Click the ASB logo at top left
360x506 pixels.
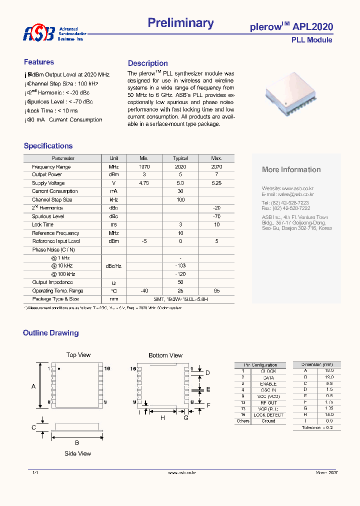pyautogui.click(x=38, y=33)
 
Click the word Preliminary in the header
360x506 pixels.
pyautogui.click(x=180, y=23)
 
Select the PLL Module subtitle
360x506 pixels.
pyautogui.click(x=311, y=40)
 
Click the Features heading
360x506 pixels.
pyautogui.click(x=39, y=62)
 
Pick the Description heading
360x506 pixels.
pyautogui.click(x=147, y=63)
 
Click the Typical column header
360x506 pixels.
pyautogui.click(x=180, y=158)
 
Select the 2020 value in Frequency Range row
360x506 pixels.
pyautogui.click(x=180, y=166)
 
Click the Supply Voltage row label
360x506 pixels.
pyautogui.click(x=48, y=183)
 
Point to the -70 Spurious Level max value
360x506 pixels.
pyautogui.click(x=216, y=216)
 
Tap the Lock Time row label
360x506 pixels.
pyautogui.click(x=42, y=224)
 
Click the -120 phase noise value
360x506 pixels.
pyautogui.click(x=180, y=274)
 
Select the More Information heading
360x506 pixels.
pyautogui.click(x=291, y=170)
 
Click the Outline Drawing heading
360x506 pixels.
pyautogui.click(x=50, y=333)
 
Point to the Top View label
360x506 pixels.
pyautogui.click(x=78, y=355)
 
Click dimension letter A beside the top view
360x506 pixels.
pyautogui.click(x=33, y=386)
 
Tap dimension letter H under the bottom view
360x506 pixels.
pyautogui.click(x=162, y=417)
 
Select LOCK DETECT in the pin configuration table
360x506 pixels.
pyautogui.click(x=268, y=415)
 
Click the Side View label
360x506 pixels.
pyautogui.click(x=77, y=453)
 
